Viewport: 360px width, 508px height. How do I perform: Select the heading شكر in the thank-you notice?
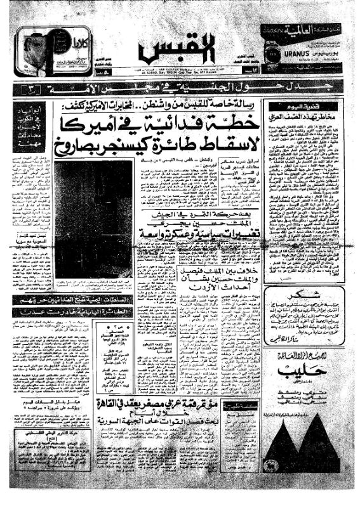[x=308, y=297]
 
